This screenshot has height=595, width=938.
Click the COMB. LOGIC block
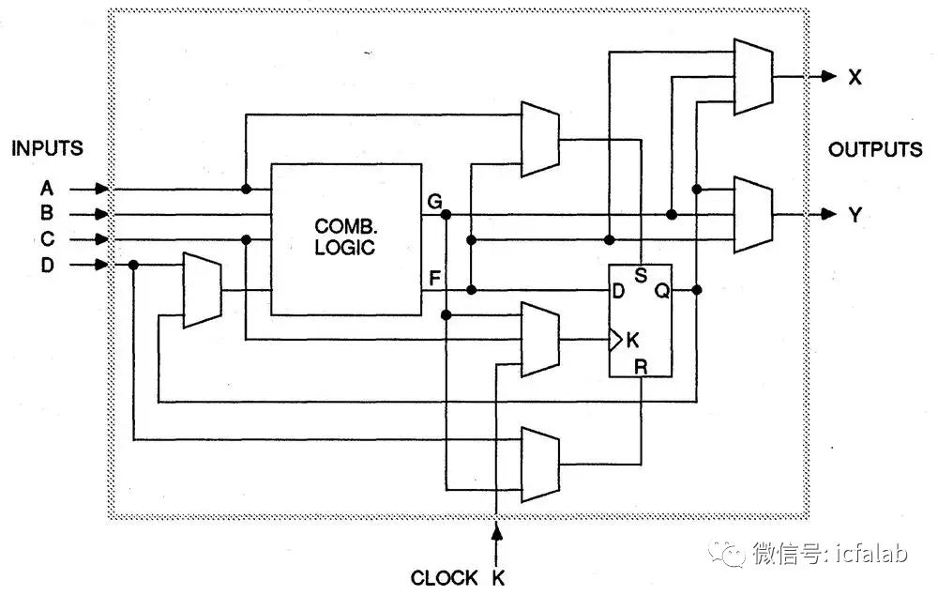point(346,239)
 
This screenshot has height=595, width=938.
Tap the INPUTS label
point(47,148)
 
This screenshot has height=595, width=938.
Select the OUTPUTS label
point(875,149)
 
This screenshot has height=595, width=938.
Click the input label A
point(47,189)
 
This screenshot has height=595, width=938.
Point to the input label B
point(47,213)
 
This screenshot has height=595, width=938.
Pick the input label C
point(47,238)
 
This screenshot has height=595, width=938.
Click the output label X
point(855,77)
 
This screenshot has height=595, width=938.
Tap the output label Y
point(855,214)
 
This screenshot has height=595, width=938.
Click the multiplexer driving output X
point(754,77)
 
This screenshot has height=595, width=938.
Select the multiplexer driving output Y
point(754,214)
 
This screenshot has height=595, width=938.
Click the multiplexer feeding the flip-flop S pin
point(540,139)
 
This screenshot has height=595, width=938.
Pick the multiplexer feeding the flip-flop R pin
point(540,465)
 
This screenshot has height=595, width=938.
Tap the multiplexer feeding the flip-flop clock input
point(540,340)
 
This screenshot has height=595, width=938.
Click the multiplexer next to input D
point(203,290)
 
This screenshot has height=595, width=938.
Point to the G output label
point(435,202)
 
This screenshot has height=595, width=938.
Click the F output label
point(435,278)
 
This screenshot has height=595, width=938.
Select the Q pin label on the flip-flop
point(661,292)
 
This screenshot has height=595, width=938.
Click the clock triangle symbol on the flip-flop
point(615,340)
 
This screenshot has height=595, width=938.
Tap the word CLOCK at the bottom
point(445,578)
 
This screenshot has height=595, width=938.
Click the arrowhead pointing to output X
point(829,77)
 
